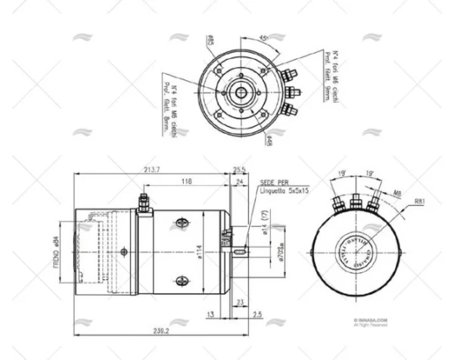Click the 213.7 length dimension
click(x=149, y=169)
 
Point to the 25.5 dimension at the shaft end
click(x=240, y=169)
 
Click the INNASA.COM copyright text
click(x=371, y=320)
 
